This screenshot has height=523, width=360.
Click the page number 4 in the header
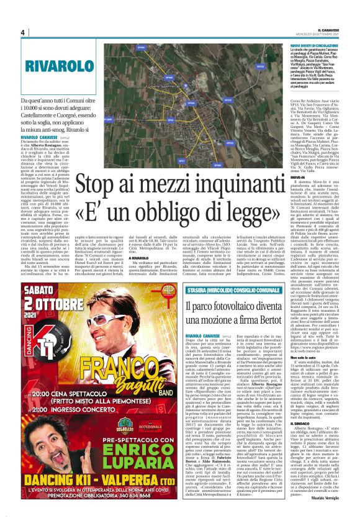pyautogui.click(x=22, y=33)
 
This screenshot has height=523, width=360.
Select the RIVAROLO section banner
pyautogui.click(x=56, y=66)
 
